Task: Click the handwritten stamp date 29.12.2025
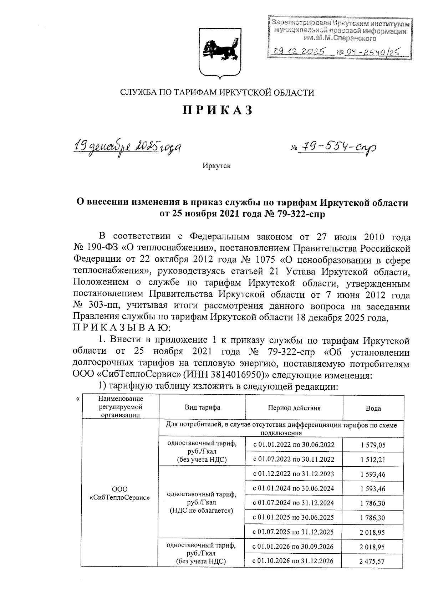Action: point(300,52)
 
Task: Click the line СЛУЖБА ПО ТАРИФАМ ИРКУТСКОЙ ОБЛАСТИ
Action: point(217,93)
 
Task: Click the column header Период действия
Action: point(294,408)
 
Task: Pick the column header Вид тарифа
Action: point(202,407)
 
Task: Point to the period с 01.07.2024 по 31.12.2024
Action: point(293,503)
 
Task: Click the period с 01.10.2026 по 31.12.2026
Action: point(293,561)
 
